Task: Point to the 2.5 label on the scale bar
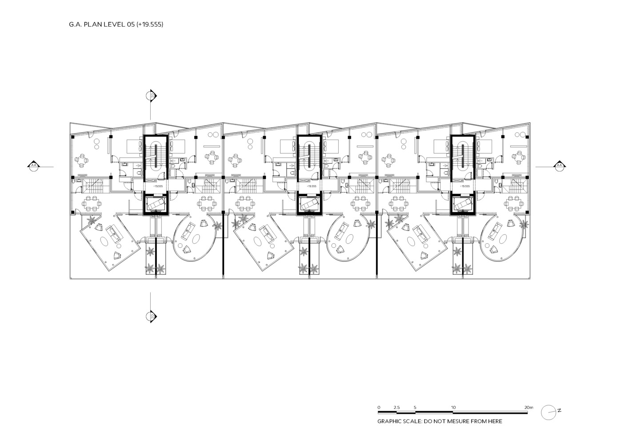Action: coord(397,407)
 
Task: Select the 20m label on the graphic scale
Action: coord(529,407)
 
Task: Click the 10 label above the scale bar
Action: coord(453,407)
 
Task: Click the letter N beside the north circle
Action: coord(559,410)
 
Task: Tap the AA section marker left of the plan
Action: coord(34,166)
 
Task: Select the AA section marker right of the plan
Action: coord(559,166)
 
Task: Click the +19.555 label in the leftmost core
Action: coord(158,186)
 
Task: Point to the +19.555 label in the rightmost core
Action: coord(465,186)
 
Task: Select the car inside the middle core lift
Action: coord(309,204)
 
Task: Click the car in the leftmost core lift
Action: coord(156,204)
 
